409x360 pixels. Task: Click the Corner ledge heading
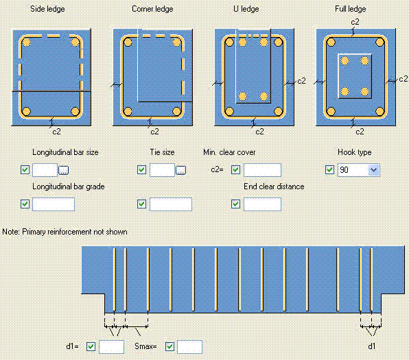152,8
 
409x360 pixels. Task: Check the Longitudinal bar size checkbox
25,170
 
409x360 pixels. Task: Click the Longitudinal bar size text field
44,170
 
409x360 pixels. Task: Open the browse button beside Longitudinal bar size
64,170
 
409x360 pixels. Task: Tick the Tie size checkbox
142,170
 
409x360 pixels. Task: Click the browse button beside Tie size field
181,170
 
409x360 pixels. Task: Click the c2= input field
262,170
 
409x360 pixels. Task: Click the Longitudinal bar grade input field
54,204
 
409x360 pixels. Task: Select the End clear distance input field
262,204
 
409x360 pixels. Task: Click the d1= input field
111,347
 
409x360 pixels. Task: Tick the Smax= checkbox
170,347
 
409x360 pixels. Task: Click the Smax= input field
190,347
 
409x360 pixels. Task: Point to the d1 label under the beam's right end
372,346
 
